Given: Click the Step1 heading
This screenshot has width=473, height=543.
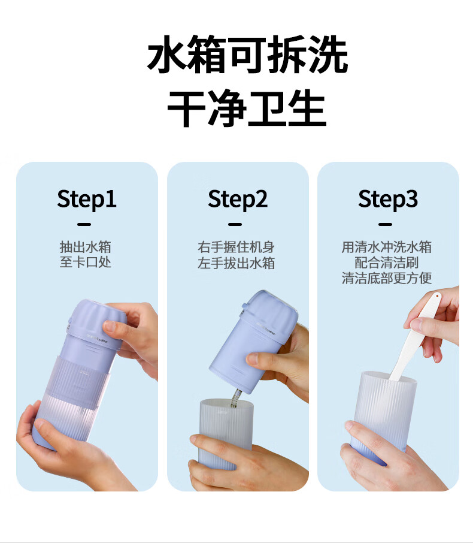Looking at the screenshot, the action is [86, 200].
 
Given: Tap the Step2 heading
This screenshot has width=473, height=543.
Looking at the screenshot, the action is [237, 200].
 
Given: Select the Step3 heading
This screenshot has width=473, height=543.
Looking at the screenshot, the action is [388, 200].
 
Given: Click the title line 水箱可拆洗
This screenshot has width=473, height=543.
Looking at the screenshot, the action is [247, 55].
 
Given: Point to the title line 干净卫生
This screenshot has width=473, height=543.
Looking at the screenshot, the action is [247, 108].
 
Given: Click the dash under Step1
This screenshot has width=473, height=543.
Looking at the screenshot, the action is [84, 224].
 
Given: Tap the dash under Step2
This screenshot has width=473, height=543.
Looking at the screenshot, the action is [235, 224].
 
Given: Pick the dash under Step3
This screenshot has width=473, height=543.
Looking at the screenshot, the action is [386, 224].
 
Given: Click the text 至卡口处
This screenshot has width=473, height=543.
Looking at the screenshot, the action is [86, 262].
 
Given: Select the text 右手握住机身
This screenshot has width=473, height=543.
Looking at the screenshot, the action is [236, 248].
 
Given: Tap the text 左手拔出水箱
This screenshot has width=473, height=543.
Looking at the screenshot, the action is [236, 263].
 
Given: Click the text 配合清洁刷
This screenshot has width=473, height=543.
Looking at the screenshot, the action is [387, 263].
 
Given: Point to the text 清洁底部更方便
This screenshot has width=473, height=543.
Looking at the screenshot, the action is [387, 277].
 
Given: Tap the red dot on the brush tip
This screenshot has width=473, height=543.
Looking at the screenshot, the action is [437, 297].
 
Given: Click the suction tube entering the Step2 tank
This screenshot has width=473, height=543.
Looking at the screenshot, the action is [236, 397].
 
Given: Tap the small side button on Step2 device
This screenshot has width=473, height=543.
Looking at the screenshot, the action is [245, 306].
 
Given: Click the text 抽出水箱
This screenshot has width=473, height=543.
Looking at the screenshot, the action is [86, 248].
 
